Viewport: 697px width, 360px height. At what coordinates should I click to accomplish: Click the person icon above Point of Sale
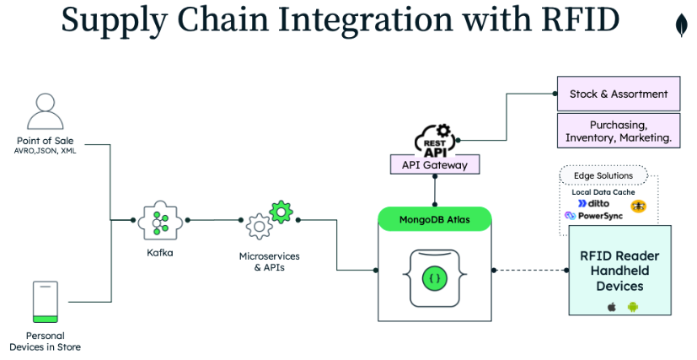click(45, 111)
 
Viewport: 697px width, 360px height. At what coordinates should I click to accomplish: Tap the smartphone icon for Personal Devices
click(45, 302)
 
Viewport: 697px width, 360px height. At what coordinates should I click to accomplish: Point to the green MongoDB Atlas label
click(434, 221)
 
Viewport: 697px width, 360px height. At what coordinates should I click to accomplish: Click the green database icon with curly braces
click(435, 277)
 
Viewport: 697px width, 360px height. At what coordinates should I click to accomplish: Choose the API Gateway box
click(434, 165)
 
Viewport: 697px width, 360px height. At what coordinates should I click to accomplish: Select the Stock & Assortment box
click(618, 94)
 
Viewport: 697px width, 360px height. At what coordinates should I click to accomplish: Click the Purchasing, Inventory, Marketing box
click(618, 131)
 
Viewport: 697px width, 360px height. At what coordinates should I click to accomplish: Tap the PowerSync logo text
click(594, 216)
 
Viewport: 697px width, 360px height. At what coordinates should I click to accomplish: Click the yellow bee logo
click(638, 206)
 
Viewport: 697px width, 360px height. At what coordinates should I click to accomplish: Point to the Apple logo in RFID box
click(612, 307)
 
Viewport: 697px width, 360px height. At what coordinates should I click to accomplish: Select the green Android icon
click(632, 307)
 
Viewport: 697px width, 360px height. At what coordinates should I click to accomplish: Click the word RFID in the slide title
click(577, 21)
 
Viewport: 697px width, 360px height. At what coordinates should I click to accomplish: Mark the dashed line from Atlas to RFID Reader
click(531, 270)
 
